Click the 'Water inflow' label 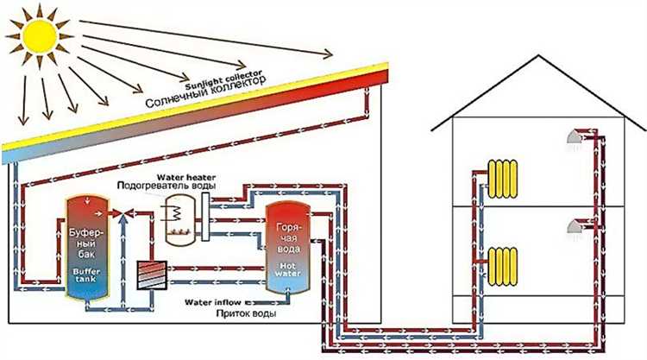(x=214, y=302)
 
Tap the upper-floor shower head (x=574, y=139)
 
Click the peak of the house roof (x=537, y=57)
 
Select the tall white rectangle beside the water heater (x=204, y=212)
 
